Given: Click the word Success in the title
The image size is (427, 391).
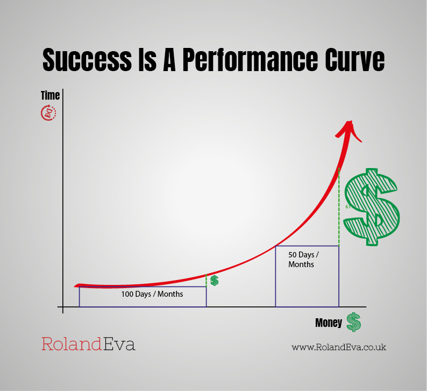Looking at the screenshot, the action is (87, 60).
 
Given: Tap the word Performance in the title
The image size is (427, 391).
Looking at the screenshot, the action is (250, 60).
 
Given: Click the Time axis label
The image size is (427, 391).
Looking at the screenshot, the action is (51, 95).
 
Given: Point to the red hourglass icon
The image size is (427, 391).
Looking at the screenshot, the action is (48, 113).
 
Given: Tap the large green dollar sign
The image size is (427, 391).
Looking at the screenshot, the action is (372, 207).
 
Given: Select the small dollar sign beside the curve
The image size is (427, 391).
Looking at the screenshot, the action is (215, 281).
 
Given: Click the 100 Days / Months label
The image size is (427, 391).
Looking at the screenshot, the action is (152, 294).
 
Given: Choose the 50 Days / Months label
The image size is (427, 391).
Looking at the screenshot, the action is (303, 259).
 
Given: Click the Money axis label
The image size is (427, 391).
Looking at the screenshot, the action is (329, 323).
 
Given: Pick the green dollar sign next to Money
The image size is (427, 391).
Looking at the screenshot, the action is (354, 322).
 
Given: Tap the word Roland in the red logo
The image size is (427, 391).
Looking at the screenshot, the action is (72, 344).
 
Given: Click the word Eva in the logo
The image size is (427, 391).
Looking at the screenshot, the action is (119, 344).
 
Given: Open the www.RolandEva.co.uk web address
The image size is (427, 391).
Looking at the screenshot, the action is (339, 347).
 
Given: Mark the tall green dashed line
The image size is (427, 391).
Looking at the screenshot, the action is (339, 207).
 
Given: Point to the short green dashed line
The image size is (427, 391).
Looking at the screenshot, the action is (206, 281).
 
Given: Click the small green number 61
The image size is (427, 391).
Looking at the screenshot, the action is (348, 207).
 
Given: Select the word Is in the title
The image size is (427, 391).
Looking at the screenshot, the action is (147, 60).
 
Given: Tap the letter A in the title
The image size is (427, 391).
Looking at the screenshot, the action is (169, 60).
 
